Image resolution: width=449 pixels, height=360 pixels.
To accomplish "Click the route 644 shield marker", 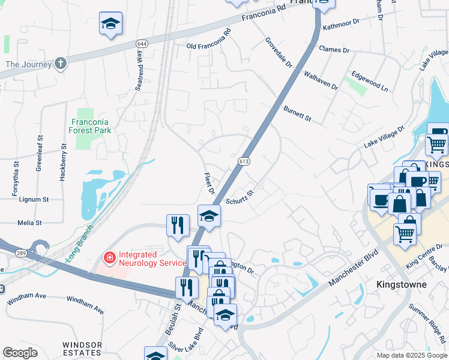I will pyautogui.click(x=142, y=44).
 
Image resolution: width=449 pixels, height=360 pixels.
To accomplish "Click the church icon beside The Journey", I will pyautogui.click(x=60, y=63).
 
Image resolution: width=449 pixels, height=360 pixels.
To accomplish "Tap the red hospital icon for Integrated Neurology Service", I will pyautogui.click(x=109, y=259).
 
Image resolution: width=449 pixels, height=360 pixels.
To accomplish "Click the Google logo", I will pyautogui.click(x=20, y=352).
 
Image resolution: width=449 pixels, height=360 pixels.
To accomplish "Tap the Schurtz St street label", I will pyautogui.click(x=241, y=197).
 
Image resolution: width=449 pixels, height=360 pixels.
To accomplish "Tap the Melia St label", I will pyautogui.click(x=29, y=223).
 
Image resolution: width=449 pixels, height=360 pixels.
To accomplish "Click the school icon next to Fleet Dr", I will pyautogui.click(x=209, y=216).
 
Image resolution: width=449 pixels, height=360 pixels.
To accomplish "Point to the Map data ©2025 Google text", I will pyautogui.click(x=411, y=355).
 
